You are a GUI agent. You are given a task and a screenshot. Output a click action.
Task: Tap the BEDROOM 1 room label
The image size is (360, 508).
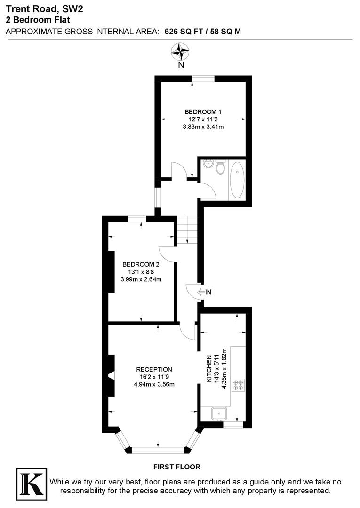tap(202, 111)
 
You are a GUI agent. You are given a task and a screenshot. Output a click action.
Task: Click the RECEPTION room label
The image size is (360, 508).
tap(154, 369)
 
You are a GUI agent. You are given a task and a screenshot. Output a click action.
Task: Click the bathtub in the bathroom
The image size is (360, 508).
tap(237, 180)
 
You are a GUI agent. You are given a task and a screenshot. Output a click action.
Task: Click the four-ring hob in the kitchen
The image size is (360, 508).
tap(238, 384)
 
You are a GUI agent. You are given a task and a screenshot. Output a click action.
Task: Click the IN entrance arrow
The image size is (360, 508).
tap(204, 292)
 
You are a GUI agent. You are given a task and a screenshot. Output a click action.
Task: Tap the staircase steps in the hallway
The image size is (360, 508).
tap(187, 230)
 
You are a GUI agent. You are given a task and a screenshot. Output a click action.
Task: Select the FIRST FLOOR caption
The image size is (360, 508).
tap(177, 467)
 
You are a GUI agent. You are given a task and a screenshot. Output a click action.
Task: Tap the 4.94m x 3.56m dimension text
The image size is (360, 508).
tap(154, 384)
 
